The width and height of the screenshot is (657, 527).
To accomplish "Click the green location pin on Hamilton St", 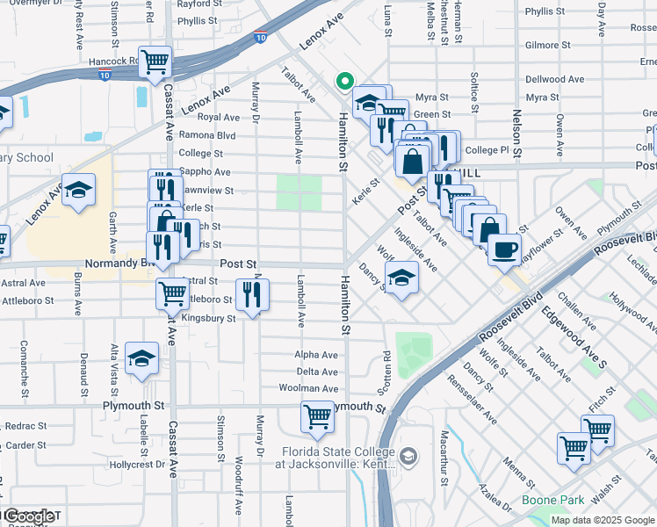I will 344,83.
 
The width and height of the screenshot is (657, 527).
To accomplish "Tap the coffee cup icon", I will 504,249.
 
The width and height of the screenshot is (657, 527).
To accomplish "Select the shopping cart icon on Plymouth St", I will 317,417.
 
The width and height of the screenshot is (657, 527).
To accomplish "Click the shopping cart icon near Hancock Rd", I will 155,61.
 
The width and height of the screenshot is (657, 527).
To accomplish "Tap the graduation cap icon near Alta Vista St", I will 141,358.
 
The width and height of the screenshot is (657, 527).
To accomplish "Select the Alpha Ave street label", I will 317,355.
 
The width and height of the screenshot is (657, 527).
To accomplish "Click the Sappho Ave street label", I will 204,172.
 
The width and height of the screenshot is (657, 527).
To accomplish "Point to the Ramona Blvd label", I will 207,135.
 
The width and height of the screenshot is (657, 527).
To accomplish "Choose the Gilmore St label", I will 548,45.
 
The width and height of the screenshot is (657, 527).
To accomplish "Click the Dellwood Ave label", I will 554,79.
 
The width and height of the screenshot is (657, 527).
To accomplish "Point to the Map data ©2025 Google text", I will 603,520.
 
